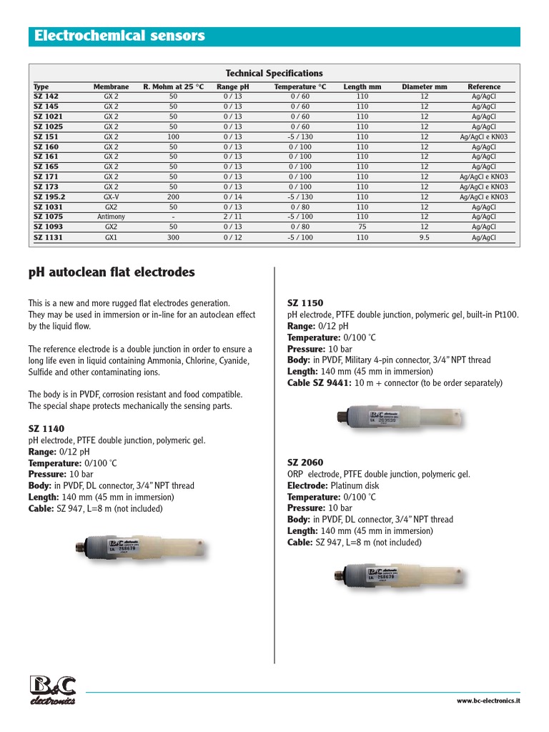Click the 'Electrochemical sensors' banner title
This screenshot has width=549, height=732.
click(120, 36)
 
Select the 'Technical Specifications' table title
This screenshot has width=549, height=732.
click(274, 74)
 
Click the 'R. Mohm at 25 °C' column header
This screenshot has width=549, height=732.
click(173, 87)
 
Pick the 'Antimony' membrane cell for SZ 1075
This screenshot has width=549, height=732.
click(111, 217)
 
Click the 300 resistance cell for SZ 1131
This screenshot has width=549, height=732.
click(173, 237)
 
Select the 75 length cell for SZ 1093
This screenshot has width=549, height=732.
click(362, 227)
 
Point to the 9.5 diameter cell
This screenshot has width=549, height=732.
click(424, 237)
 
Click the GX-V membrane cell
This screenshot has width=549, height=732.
click(111, 197)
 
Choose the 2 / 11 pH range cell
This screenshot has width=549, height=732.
click(232, 217)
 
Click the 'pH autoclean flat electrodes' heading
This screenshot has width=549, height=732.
click(112, 272)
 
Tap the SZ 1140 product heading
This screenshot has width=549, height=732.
click(46, 429)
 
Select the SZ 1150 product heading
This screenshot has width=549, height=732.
click(305, 303)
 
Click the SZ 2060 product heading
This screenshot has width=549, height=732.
click(305, 463)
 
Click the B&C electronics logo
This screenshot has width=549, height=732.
click(53, 689)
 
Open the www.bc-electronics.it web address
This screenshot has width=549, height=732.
click(488, 701)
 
